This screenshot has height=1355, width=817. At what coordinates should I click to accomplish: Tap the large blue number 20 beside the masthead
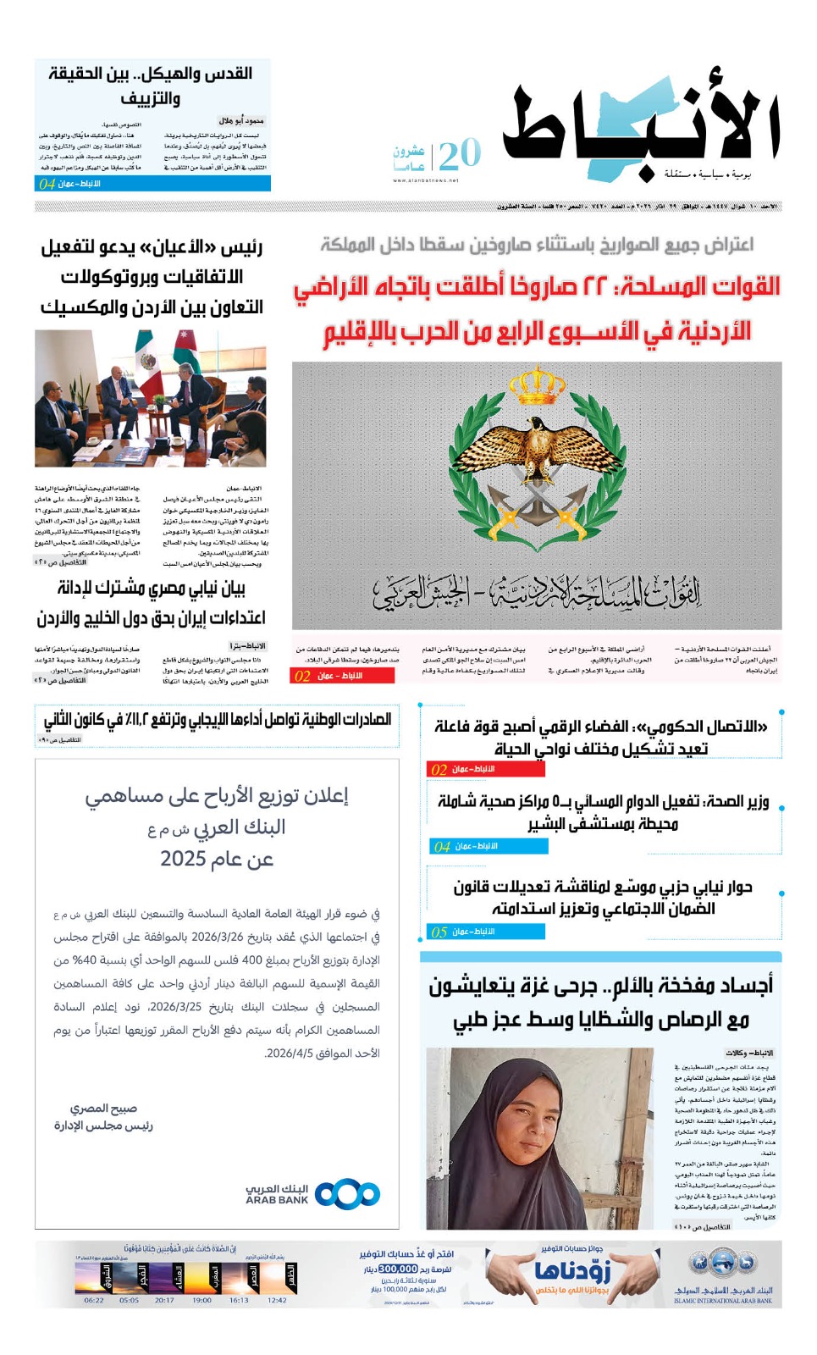(460, 155)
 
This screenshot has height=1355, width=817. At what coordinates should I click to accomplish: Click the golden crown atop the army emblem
(537, 385)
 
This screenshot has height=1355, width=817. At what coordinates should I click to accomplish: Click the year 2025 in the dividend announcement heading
(184, 859)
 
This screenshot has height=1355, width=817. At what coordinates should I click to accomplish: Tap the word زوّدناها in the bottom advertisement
(572, 1270)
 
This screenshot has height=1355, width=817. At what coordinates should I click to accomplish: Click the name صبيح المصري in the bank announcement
(103, 1109)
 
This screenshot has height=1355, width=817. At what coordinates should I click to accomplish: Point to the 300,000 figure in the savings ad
(398, 1269)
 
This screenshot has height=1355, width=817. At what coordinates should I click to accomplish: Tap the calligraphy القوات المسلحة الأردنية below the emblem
(537, 593)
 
